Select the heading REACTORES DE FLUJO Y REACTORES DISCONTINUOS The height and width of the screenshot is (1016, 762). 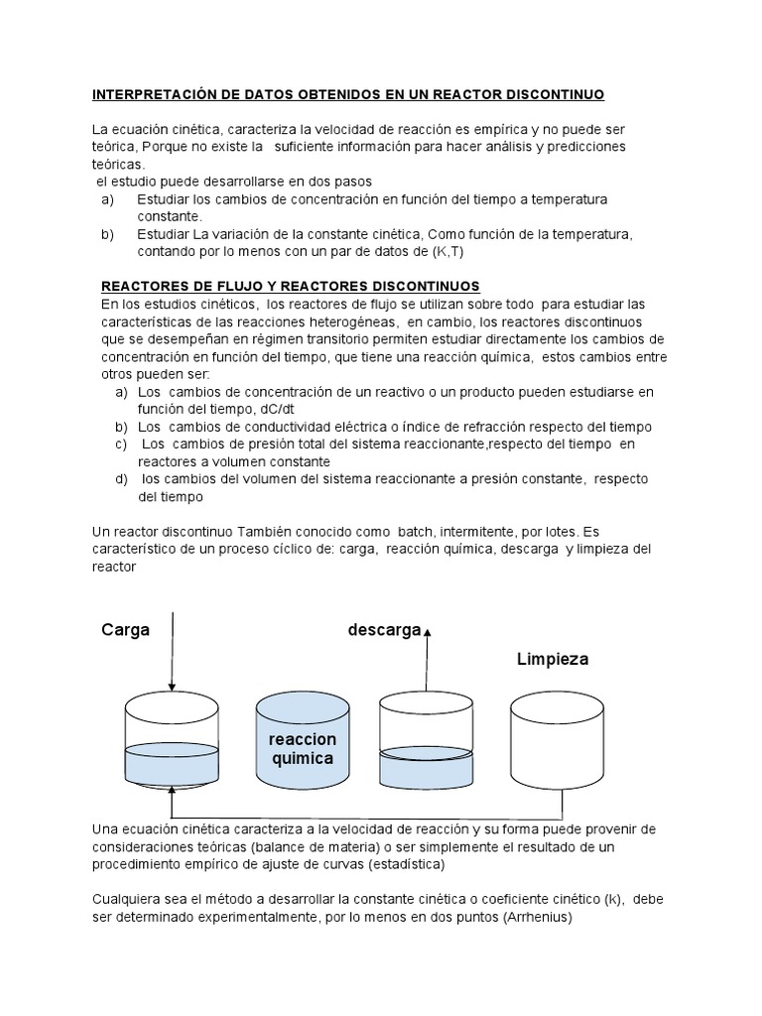[x=291, y=285]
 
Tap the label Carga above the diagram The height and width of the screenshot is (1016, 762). [x=125, y=631]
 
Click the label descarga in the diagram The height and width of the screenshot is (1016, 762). [x=384, y=631]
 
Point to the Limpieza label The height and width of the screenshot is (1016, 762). [x=553, y=659]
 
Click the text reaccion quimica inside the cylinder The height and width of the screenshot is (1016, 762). [x=303, y=749]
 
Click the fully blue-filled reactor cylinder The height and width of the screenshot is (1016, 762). [x=303, y=744]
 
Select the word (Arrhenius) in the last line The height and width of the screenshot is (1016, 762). [x=536, y=917]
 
